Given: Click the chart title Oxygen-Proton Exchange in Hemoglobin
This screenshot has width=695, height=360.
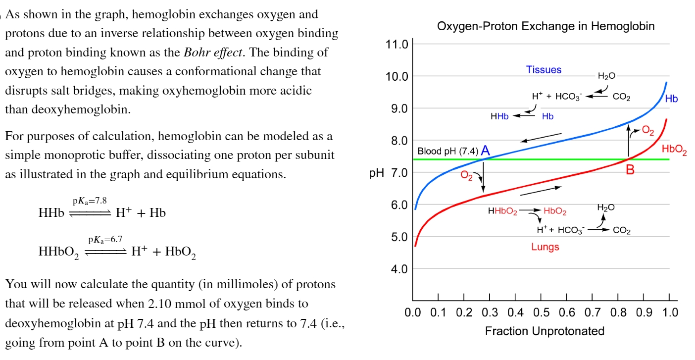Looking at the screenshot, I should pyautogui.click(x=546, y=26).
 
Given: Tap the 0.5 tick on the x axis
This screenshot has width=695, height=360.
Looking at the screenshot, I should pyautogui.click(x=541, y=313).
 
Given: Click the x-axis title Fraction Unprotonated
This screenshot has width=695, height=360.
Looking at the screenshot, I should pyautogui.click(x=545, y=331).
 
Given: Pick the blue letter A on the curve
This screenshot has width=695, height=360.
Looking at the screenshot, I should pyautogui.click(x=485, y=151).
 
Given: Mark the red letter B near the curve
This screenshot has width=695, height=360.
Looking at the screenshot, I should pyautogui.click(x=630, y=170).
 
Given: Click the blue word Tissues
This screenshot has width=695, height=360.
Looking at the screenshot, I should pyautogui.click(x=544, y=70).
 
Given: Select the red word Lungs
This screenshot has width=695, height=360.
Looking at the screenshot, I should pyautogui.click(x=545, y=247).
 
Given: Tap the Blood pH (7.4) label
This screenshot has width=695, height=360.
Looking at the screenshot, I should pyautogui.click(x=447, y=151).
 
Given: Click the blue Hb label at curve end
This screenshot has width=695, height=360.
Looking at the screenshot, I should pyautogui.click(x=671, y=99).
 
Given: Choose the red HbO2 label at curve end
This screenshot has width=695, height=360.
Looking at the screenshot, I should pyautogui.click(x=674, y=149).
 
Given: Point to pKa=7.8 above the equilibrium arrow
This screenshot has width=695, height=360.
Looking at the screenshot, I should pyautogui.click(x=90, y=201).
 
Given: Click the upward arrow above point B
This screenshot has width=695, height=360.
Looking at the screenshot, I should pyautogui.click(x=629, y=141).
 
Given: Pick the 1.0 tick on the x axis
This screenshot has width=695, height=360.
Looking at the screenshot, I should pyautogui.click(x=669, y=313).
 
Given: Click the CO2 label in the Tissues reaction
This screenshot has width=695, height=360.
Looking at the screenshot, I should pyautogui.click(x=621, y=97).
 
